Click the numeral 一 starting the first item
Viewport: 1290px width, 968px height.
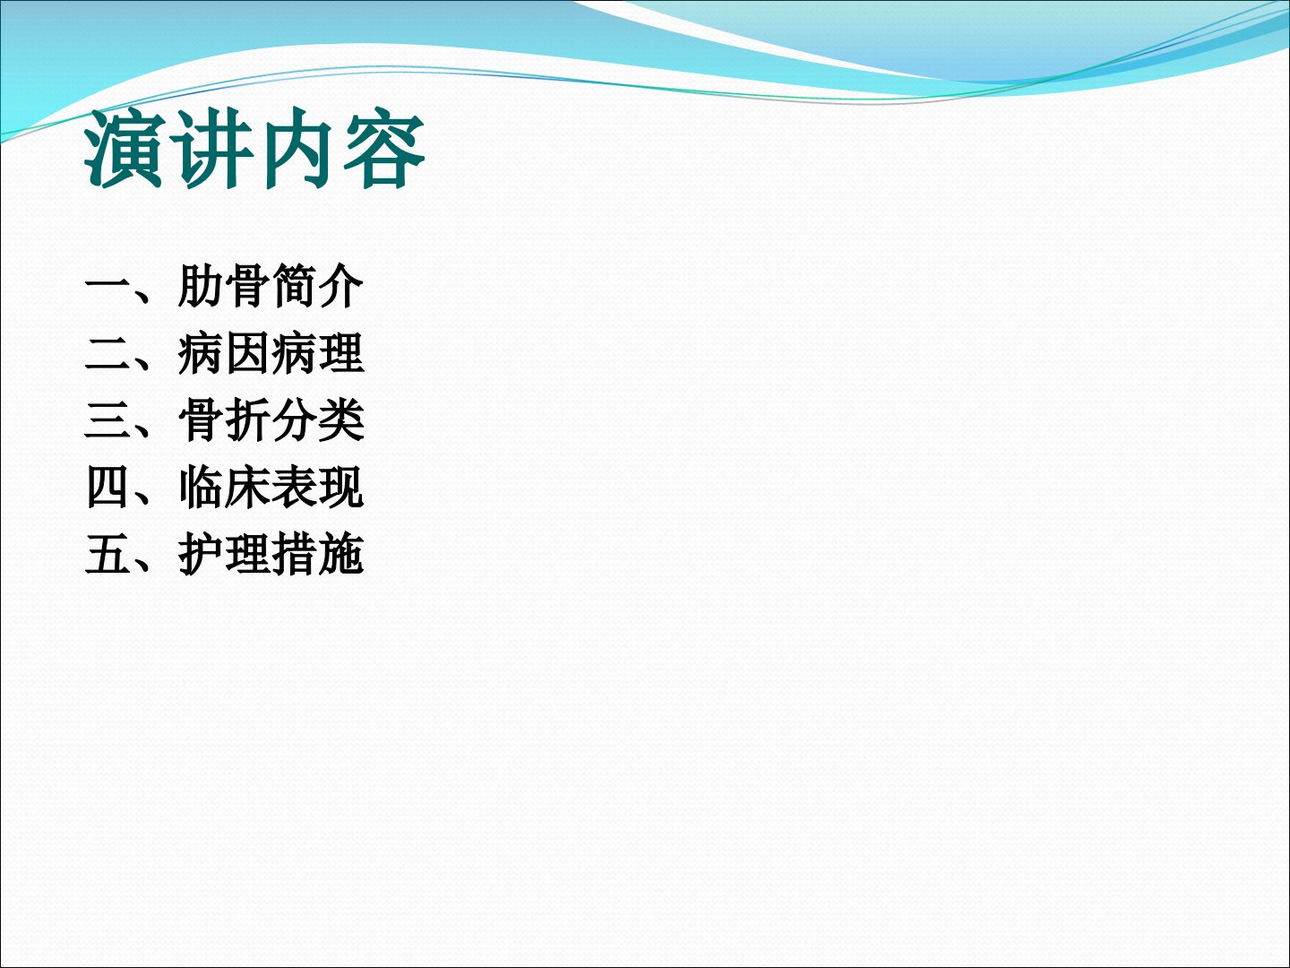pos(107,286)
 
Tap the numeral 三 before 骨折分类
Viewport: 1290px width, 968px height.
pos(107,421)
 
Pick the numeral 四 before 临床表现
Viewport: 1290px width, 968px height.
pos(107,488)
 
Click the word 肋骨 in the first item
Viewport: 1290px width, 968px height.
pos(224,286)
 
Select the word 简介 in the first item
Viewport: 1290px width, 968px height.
pos(317,286)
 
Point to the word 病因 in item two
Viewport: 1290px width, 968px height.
pos(224,353)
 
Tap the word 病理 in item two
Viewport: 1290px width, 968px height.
pos(317,353)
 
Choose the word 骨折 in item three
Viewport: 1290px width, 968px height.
pos(224,420)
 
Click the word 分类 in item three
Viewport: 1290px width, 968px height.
pos(317,420)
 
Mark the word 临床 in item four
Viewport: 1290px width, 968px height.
pos(224,488)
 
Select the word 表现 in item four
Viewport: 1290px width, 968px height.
pos(317,488)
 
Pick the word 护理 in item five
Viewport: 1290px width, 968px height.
pos(224,554)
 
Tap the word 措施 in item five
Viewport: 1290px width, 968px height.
pos(317,554)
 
